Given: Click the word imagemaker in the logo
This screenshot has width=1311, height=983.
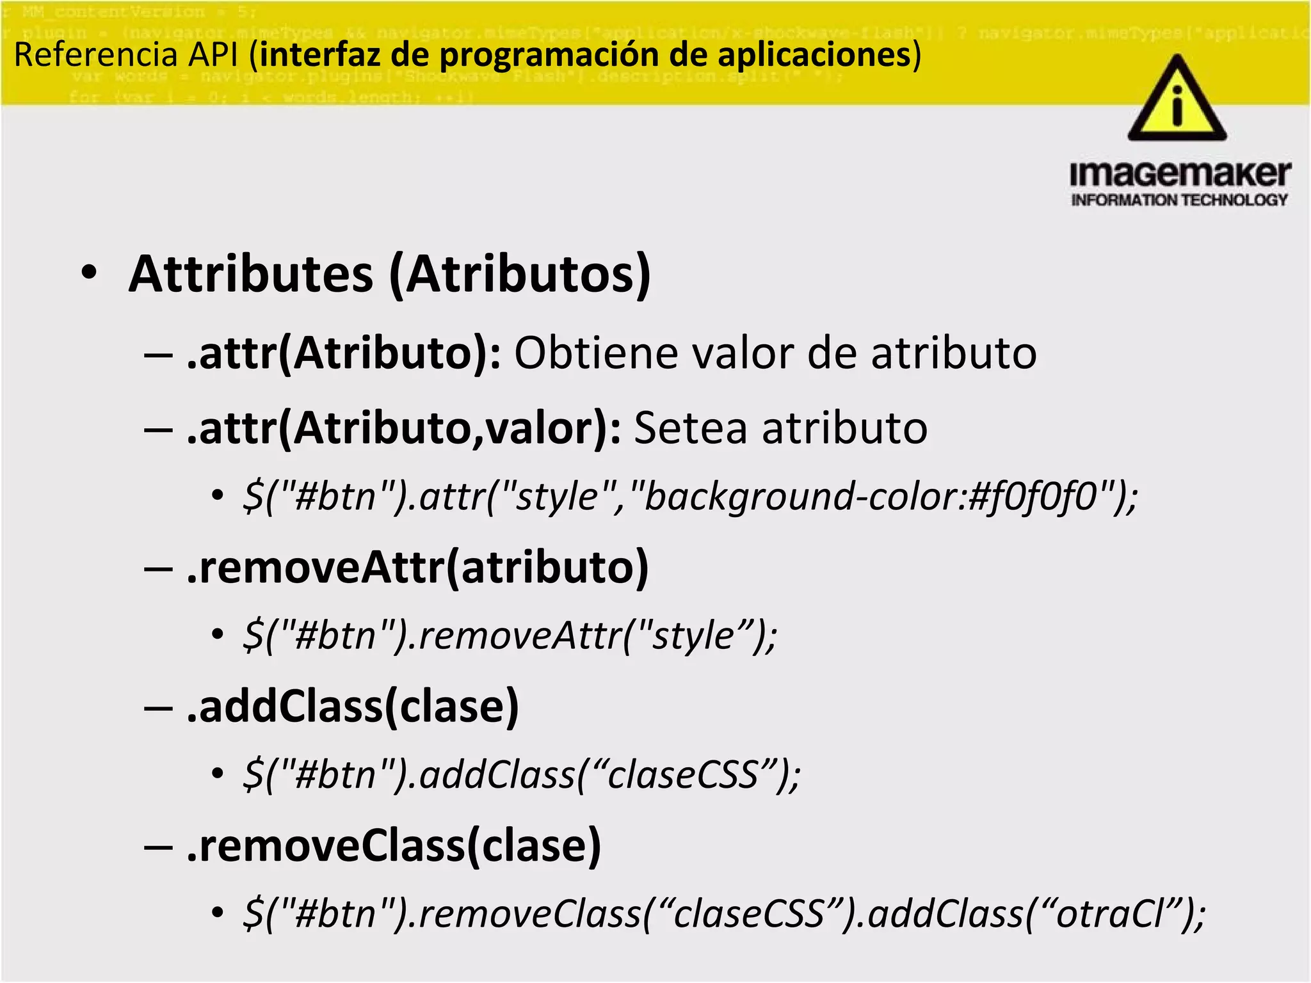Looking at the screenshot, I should (1180, 173).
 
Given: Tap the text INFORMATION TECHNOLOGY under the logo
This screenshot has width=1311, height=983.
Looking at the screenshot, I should (1179, 200).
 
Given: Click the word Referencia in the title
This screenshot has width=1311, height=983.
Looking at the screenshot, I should (95, 54).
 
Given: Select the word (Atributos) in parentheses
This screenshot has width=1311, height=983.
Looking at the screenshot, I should (520, 275).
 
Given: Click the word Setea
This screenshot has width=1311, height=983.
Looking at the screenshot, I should (690, 428).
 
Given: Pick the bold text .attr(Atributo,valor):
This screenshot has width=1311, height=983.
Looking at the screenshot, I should (404, 428).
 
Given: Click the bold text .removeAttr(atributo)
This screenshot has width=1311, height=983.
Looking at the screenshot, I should (417, 568).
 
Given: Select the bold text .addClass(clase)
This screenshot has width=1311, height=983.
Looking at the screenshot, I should (353, 707).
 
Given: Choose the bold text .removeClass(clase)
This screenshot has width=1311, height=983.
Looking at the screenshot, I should (394, 846).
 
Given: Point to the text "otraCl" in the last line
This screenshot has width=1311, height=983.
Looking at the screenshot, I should (1111, 914).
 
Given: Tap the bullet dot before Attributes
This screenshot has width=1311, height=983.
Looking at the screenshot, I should (90, 273).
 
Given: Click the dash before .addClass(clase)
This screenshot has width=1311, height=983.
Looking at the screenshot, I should (158, 708).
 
